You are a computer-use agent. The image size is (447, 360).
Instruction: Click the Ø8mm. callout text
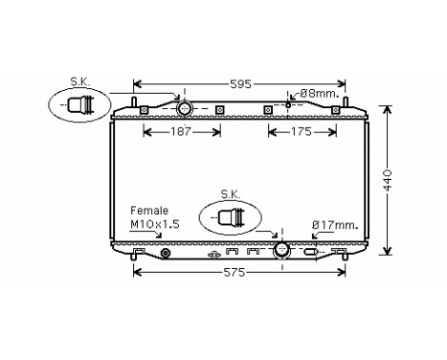(316, 94)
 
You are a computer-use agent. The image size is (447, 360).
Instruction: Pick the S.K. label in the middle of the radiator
(230, 193)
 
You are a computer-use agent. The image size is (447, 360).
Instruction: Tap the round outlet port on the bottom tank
(281, 251)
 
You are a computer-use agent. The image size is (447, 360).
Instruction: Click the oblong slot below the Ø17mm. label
(311, 254)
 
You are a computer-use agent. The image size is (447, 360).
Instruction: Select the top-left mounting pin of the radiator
(135, 101)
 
